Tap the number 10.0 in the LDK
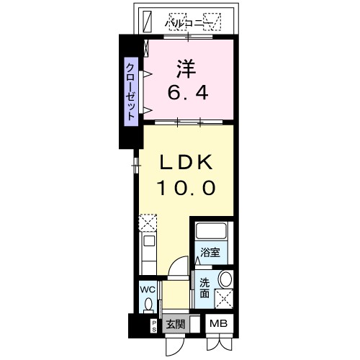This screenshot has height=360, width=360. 185,189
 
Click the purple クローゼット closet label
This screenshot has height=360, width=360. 131,91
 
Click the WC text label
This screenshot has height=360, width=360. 148,290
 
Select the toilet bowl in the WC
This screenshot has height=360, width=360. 148,306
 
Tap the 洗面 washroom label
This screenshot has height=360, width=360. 204,288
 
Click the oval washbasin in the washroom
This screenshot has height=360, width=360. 225,279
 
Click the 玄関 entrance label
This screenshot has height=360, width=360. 175,325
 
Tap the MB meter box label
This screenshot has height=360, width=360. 218,325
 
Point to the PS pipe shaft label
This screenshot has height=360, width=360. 153,325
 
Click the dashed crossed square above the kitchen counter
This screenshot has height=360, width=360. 147,221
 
